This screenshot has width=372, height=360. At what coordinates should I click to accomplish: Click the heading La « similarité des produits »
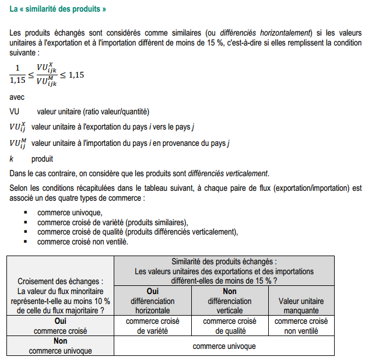pyautogui.click(x=58, y=9)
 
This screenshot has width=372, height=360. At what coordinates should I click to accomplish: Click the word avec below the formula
pyautogui.click(x=17, y=97)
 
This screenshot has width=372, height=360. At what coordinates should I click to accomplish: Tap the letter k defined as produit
pyautogui.click(x=12, y=159)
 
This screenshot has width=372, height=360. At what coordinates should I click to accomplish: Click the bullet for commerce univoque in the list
pyautogui.click(x=26, y=212)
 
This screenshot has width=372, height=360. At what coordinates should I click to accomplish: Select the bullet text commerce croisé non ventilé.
pyautogui.click(x=83, y=241)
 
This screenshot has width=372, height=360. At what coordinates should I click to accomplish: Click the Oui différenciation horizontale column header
pyautogui.click(x=149, y=301)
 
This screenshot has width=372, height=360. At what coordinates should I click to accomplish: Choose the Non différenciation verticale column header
pyautogui.click(x=230, y=301)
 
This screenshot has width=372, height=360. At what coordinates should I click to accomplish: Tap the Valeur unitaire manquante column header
pyautogui.click(x=301, y=306)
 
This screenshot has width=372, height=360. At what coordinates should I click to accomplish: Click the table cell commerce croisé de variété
pyautogui.click(x=149, y=326)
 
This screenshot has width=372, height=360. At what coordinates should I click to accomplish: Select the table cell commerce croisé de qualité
pyautogui.click(x=230, y=326)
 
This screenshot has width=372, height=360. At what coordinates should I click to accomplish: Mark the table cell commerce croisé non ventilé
pyautogui.click(x=301, y=326)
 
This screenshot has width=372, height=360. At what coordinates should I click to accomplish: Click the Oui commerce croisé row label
pyautogui.click(x=60, y=326)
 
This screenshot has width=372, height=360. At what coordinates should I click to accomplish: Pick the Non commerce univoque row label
pyautogui.click(x=60, y=346)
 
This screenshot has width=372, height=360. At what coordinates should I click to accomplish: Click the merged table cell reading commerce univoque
pyautogui.click(x=224, y=346)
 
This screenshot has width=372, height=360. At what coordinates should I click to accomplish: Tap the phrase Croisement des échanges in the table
pyautogui.click(x=61, y=281)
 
